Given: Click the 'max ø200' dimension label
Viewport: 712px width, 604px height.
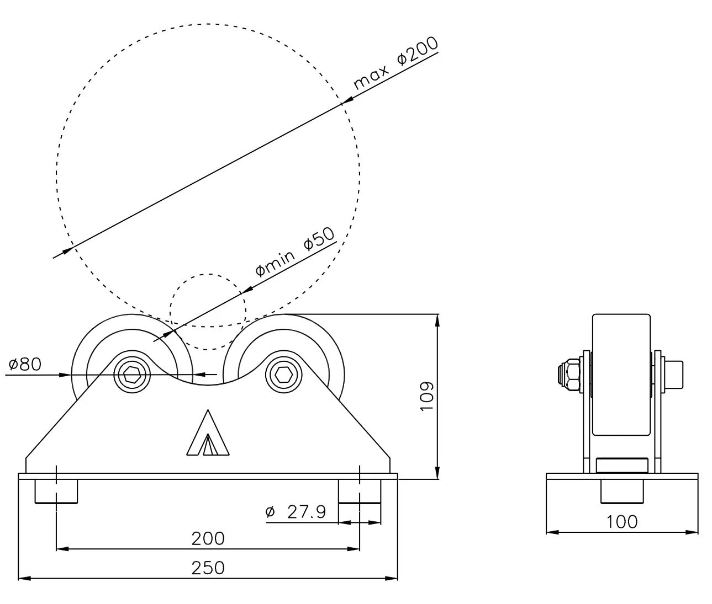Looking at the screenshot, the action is click(396, 63).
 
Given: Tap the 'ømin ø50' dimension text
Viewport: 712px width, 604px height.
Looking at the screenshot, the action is click(295, 252).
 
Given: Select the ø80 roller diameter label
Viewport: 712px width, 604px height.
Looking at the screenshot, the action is click(25, 364).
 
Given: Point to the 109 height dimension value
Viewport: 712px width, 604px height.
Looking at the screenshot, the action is click(426, 395).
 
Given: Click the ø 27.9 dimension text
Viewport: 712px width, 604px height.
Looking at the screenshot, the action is click(296, 512).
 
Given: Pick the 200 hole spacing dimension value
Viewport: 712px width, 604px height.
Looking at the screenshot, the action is click(208, 539).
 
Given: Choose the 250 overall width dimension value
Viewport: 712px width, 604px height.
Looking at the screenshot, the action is click(208, 568).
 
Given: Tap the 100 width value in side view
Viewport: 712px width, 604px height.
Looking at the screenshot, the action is click(622, 522).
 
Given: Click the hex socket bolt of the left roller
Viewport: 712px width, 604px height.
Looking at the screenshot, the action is click(132, 374).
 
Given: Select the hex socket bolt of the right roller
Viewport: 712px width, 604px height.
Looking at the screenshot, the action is click(284, 374).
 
